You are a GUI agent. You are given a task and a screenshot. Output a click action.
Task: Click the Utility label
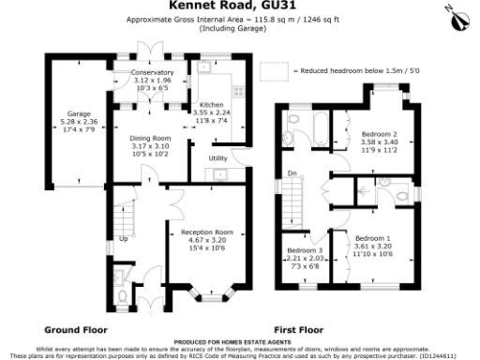tap(218, 158)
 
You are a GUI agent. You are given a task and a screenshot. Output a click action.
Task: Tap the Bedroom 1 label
tap(372, 239)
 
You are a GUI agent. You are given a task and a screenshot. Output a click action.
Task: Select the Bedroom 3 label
tap(305, 251)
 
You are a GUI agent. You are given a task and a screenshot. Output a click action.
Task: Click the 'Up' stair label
tap(123, 238)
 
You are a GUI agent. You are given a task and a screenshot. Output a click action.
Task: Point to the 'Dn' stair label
tap(292, 172)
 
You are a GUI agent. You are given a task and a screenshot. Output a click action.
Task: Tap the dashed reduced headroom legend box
tap(274, 71)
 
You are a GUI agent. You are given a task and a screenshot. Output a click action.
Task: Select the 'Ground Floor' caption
tap(77, 330)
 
